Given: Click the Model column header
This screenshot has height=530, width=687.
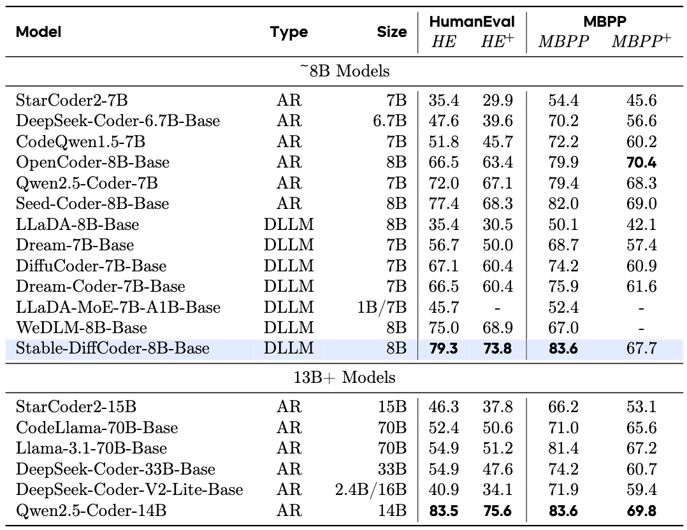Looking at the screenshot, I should click(x=39, y=32).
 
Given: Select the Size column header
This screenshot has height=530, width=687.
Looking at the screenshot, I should click(x=391, y=32).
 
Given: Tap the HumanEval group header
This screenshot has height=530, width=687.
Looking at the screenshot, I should click(x=472, y=22).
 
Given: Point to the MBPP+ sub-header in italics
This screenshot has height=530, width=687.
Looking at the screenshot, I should click(x=642, y=42).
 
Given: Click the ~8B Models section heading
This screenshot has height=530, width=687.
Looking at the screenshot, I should click(x=344, y=71).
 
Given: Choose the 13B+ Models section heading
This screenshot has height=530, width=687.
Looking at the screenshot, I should click(x=344, y=377).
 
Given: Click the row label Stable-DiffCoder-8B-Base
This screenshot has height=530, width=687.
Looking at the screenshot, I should click(x=113, y=348).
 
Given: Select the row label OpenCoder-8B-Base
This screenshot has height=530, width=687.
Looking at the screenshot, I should click(x=93, y=162).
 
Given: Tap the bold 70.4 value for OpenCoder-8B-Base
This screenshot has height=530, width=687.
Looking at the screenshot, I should click(x=641, y=162).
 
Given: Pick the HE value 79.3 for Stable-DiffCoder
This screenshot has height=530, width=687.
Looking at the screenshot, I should click(x=444, y=348).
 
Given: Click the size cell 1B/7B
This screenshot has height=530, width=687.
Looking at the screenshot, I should click(x=382, y=308).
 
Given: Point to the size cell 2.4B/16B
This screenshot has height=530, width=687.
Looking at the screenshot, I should click(x=371, y=489).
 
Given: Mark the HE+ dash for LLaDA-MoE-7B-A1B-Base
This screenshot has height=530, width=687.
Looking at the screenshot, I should click(x=497, y=308).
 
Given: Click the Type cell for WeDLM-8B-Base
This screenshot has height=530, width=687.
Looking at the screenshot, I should click(x=289, y=328).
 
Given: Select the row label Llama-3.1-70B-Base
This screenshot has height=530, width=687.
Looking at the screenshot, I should click(x=92, y=448).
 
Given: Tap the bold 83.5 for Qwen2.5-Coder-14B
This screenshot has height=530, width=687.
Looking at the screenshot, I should click(x=444, y=510).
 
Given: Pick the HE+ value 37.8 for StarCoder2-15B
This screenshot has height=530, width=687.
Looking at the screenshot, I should click(x=497, y=406).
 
